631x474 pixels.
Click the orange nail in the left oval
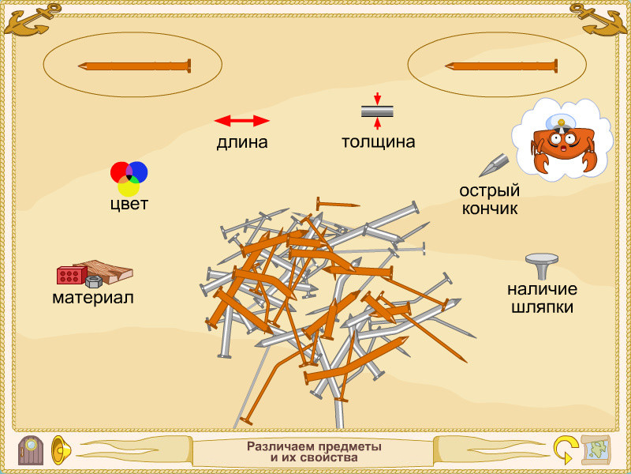[134, 66]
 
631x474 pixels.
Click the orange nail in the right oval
[501, 66]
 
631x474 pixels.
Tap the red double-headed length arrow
[242, 121]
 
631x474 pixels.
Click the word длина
[242, 143]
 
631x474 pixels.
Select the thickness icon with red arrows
[377, 111]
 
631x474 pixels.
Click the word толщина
[378, 143]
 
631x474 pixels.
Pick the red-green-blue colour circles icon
[129, 178]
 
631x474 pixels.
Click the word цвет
[129, 205]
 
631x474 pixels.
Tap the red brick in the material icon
[71, 275]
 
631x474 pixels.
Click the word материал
[92, 299]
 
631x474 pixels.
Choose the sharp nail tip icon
[494, 165]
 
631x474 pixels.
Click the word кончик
[490, 209]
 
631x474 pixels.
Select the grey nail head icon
[541, 265]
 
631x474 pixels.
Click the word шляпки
[541, 308]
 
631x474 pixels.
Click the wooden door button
[31, 450]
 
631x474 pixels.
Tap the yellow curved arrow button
[564, 450]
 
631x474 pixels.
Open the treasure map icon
[596, 450]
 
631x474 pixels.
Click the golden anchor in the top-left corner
[32, 19]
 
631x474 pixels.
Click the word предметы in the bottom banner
[346, 446]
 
